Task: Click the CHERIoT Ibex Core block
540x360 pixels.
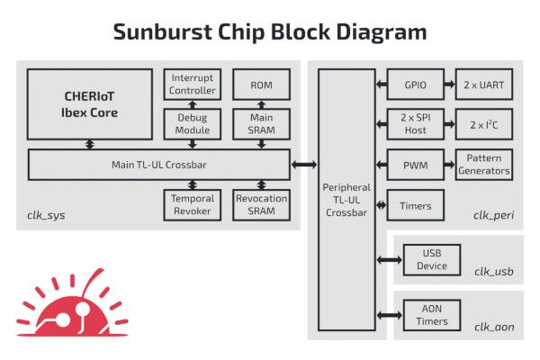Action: point(88,105)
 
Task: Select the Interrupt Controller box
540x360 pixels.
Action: point(192,84)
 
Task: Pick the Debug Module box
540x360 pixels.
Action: point(192,124)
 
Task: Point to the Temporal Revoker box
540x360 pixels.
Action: point(192,204)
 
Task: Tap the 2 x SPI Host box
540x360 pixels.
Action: point(416,124)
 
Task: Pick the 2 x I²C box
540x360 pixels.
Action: point(484,124)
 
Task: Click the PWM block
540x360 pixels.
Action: point(416,165)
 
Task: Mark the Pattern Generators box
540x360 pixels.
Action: point(484,165)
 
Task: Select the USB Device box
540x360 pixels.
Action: point(433,260)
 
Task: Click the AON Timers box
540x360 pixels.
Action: point(433,314)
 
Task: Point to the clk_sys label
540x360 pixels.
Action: point(46,215)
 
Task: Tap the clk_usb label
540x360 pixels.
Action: point(494,271)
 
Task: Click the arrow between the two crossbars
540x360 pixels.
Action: point(303,165)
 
